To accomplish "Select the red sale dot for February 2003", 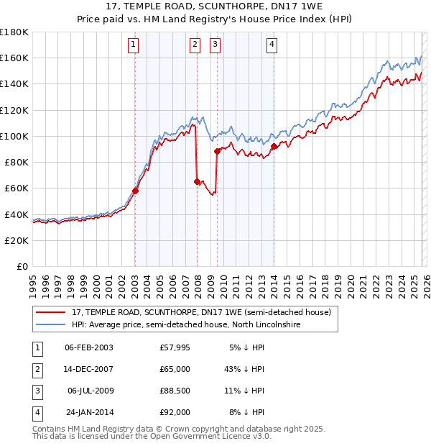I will [x=135, y=191].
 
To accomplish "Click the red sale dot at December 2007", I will [x=197, y=182].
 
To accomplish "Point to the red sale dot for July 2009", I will [x=217, y=151].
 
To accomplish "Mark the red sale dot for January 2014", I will [x=274, y=147].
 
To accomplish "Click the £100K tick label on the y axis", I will [x=14, y=136].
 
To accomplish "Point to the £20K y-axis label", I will [x=16, y=240].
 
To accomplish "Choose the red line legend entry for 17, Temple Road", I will [x=201, y=313].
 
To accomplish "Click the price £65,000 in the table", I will [x=175, y=368].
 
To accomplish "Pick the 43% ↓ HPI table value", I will [x=244, y=368].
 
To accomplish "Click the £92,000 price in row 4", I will [x=175, y=412].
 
